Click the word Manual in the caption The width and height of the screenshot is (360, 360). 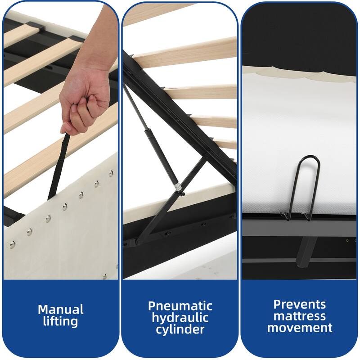click(61, 309)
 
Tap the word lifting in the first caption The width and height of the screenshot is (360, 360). click(61, 321)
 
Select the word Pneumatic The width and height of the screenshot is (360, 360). click(180, 306)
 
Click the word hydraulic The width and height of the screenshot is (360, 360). click(180, 318)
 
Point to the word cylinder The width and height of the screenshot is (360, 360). click(180, 330)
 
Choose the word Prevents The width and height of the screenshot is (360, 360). click(300, 305)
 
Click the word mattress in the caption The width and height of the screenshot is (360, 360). click(300, 316)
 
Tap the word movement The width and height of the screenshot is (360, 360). click(300, 328)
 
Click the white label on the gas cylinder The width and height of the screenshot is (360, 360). click(177, 186)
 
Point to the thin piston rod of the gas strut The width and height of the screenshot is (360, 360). click(135, 108)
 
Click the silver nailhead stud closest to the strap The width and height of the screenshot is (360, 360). click(65, 207)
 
